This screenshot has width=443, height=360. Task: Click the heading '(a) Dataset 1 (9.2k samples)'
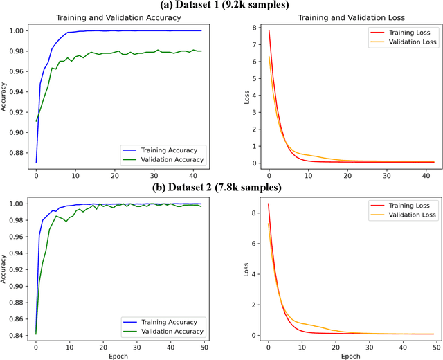[x=221, y=6]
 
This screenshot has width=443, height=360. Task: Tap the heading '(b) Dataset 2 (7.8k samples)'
[x=221, y=188]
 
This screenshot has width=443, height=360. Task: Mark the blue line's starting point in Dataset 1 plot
[x=36, y=162]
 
